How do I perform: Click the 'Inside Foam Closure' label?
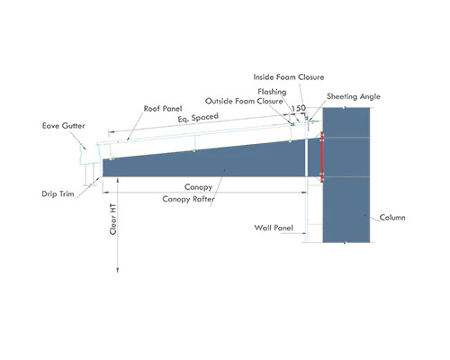pos(289,77)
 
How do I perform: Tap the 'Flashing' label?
pos(272,92)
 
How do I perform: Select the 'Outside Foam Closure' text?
pos(244,101)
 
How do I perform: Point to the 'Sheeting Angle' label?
pos(354,96)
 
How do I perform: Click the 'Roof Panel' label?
pos(163,109)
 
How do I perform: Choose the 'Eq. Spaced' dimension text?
pos(198,117)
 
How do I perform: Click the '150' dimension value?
pos(299,108)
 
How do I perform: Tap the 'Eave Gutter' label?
pos(63,126)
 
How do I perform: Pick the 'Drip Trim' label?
pos(58,194)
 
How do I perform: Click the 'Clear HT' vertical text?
pos(112,220)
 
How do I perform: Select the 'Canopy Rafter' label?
pos(188,199)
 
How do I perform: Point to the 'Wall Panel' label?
pos(274,228)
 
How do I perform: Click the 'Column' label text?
pos(392,217)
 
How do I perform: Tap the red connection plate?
pos(322,157)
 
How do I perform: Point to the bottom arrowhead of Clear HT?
pos(118,271)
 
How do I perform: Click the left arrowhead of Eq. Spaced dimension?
pos(111,131)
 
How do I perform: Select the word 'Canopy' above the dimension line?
pos(198,187)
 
